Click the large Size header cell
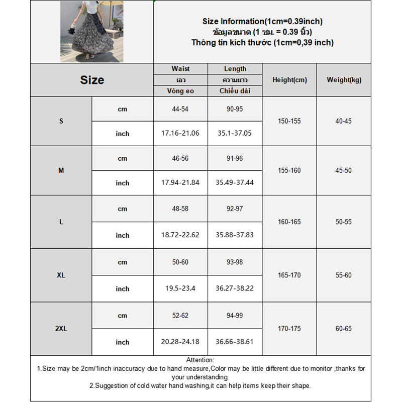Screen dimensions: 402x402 pyautogui.click(x=92, y=80)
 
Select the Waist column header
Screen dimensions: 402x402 pyautogui.click(x=180, y=69)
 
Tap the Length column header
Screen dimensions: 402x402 pyautogui.click(x=235, y=69)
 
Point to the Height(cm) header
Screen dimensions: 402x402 pyautogui.click(x=289, y=80)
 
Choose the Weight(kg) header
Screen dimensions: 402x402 pyautogui.click(x=344, y=80)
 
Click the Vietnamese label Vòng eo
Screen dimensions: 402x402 pyautogui.click(x=180, y=91)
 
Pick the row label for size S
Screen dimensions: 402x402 pyautogui.click(x=61, y=121)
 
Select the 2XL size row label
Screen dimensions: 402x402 pyautogui.click(x=61, y=329)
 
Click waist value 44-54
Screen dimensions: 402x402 pyautogui.click(x=180, y=109)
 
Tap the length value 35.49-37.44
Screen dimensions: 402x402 pyautogui.click(x=235, y=183)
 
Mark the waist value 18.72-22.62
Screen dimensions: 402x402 pyautogui.click(x=180, y=235)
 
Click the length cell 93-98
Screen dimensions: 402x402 pyautogui.click(x=235, y=262)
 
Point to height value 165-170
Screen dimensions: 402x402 pyautogui.click(x=289, y=275)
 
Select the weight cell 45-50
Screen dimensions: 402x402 pyautogui.click(x=344, y=170)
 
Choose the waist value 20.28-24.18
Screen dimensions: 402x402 pyautogui.click(x=180, y=342)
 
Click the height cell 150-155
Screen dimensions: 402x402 pyautogui.click(x=289, y=121)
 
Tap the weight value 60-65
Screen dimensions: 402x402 pyautogui.click(x=344, y=329)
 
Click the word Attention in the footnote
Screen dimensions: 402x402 pyautogui.click(x=200, y=360)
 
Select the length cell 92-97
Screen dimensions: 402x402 pyautogui.click(x=235, y=209)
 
